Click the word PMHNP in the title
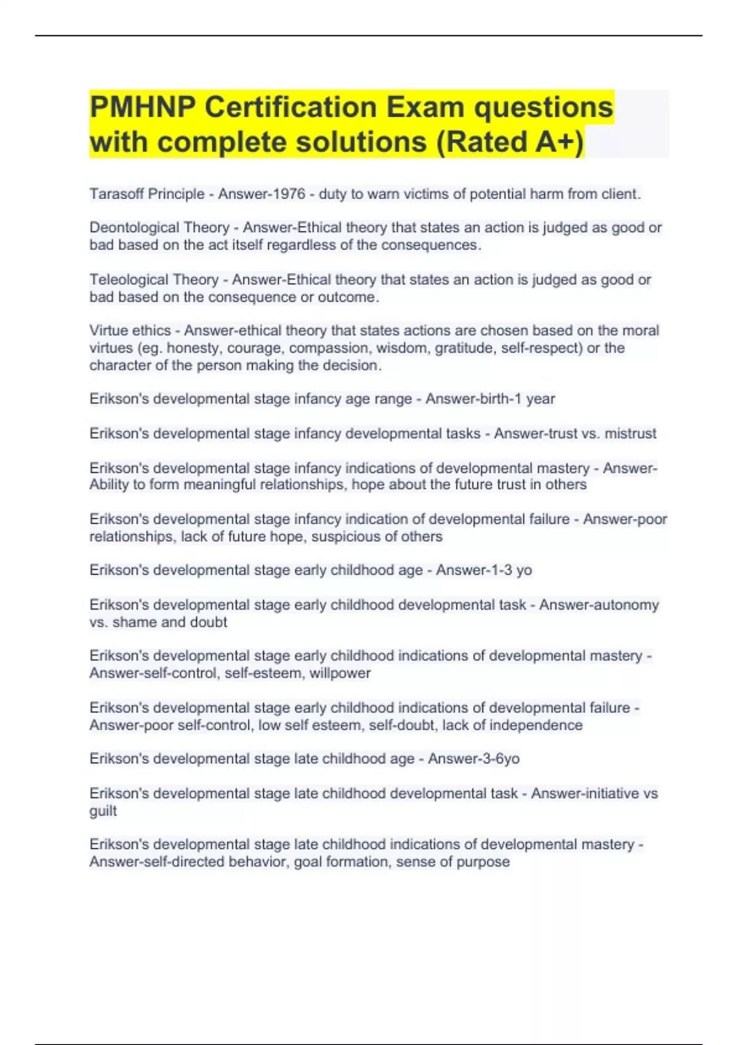[142, 108]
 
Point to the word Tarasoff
[116, 194]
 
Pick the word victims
[426, 194]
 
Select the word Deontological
[159, 227]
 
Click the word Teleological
[154, 280]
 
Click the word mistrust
[630, 433]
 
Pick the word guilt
[103, 811]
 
